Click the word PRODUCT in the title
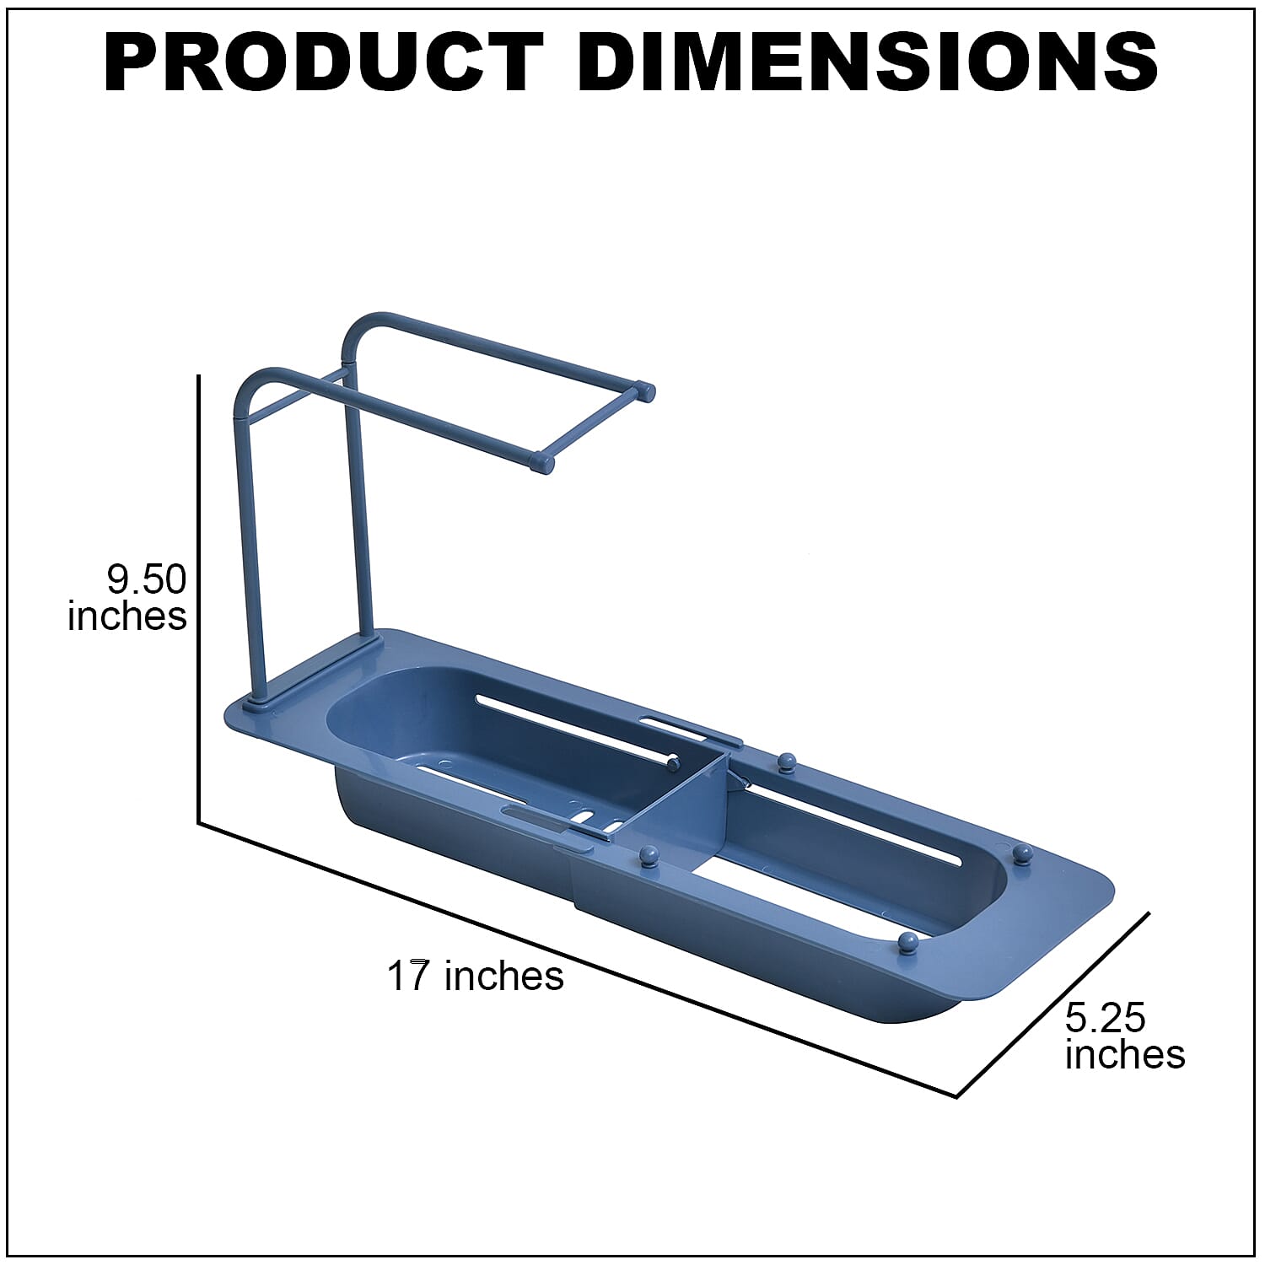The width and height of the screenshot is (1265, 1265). [x=324, y=63]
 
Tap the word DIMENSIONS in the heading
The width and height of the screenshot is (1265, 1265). [x=868, y=63]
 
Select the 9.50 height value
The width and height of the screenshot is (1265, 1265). [x=146, y=580]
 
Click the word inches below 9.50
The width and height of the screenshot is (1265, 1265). [x=127, y=616]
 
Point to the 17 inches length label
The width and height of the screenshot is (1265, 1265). [x=475, y=976]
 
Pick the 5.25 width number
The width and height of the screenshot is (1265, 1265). [x=1105, y=1018]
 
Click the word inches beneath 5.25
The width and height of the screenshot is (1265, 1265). [x=1125, y=1055]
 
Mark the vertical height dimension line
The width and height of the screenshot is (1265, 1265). [x=199, y=599]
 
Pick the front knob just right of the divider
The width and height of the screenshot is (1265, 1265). [x=649, y=856]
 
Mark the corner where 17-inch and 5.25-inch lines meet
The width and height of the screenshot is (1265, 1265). [x=956, y=1096]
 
